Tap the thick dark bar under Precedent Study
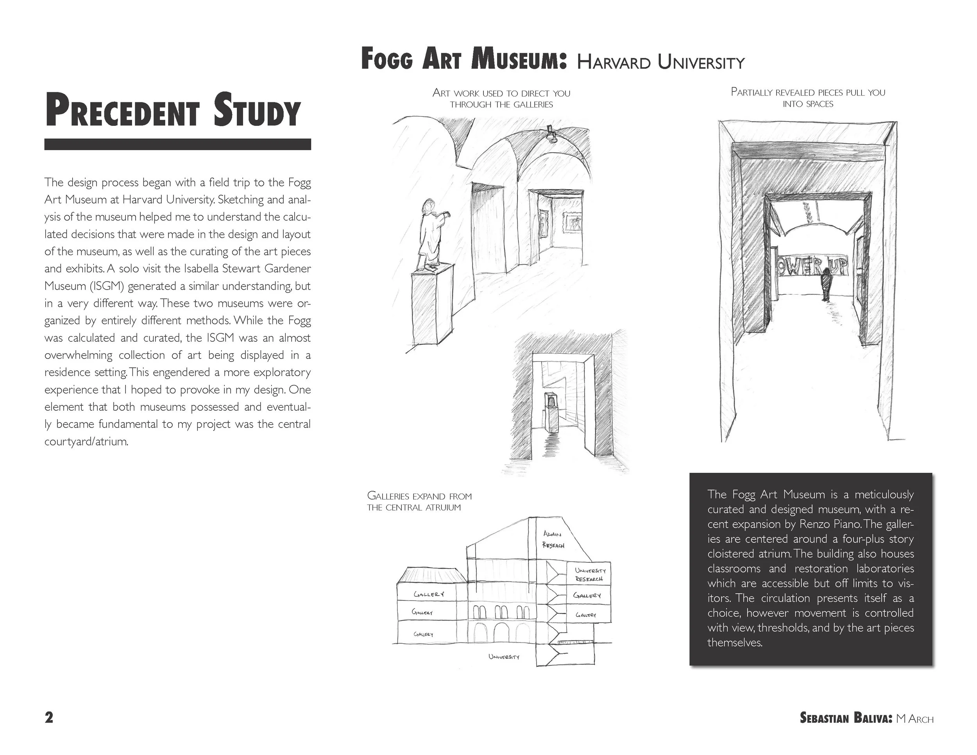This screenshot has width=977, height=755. pyautogui.click(x=177, y=144)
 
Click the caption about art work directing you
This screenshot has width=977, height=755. pyautogui.click(x=501, y=98)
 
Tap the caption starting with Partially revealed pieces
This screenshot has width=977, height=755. pyautogui.click(x=808, y=98)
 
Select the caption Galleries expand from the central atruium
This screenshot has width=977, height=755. pyautogui.click(x=419, y=501)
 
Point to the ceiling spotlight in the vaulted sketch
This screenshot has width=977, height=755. pyautogui.click(x=551, y=134)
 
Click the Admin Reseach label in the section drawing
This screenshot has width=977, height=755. pyautogui.click(x=553, y=539)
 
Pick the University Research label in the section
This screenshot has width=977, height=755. pyautogui.click(x=590, y=575)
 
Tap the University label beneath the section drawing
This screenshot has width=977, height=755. pyautogui.click(x=504, y=657)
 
